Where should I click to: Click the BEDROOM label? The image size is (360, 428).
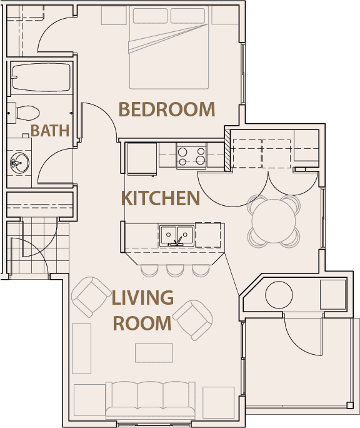click(166, 110)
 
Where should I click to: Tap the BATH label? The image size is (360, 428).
click(50, 131)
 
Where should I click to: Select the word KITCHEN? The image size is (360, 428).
click(160, 198)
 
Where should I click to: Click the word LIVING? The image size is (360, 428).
click(142, 298)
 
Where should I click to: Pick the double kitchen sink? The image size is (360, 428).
click(176, 235)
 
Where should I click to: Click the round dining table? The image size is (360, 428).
click(274, 219)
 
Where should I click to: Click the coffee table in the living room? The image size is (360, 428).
click(154, 352)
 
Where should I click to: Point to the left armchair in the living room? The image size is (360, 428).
click(90, 296)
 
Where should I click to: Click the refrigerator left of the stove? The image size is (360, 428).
click(141, 158)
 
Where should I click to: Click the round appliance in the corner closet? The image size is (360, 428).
click(279, 294)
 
